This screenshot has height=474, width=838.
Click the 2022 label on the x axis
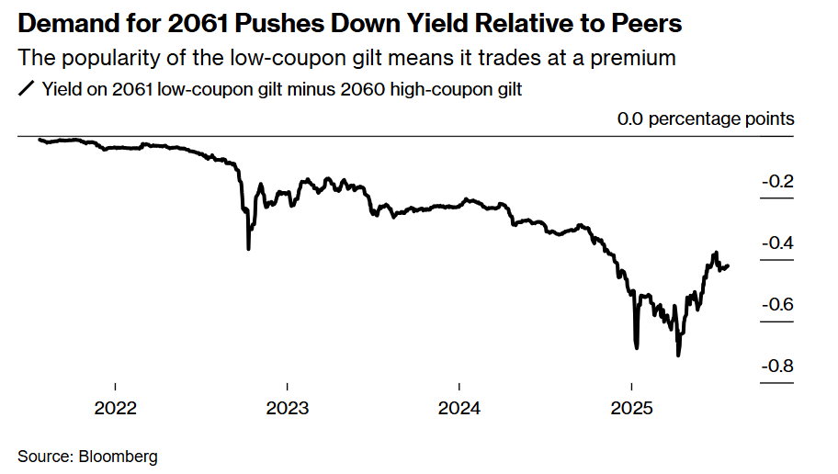(x=115, y=408)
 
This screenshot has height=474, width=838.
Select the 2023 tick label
(x=287, y=408)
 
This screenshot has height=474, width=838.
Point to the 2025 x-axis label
(x=631, y=408)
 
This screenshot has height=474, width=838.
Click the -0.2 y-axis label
(x=777, y=182)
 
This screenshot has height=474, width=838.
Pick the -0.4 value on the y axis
(x=777, y=243)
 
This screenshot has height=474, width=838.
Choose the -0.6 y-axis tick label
(x=777, y=305)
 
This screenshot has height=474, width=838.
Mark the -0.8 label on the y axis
(x=777, y=367)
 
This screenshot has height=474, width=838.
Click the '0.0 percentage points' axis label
(x=706, y=118)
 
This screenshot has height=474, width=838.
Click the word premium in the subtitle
(x=637, y=58)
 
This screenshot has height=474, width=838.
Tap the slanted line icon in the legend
(x=26, y=89)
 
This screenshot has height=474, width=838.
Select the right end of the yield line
(x=729, y=266)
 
